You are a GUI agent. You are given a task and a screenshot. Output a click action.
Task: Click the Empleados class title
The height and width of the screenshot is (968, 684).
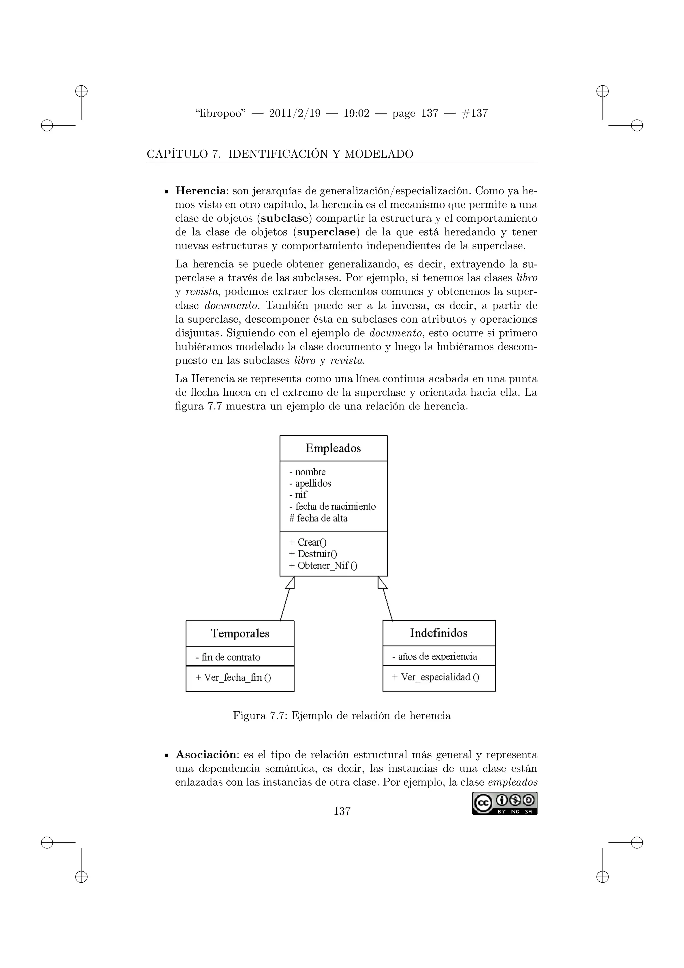tap(333, 448)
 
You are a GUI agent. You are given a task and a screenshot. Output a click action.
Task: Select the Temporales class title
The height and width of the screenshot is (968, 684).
tap(240, 634)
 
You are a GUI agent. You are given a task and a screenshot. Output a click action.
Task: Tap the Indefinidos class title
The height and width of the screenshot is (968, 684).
tap(439, 633)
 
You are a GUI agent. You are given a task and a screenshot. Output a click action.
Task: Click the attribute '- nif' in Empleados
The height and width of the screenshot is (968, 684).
tap(298, 495)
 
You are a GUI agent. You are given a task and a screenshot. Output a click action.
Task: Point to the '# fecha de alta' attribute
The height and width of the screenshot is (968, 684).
tap(318, 518)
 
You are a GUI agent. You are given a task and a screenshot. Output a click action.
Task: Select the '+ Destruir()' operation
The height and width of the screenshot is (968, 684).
tap(313, 554)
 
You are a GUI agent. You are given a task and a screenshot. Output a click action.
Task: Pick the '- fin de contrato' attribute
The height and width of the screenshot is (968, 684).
tap(228, 657)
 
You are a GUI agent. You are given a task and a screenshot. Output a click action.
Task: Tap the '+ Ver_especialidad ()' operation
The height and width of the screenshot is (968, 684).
tap(436, 677)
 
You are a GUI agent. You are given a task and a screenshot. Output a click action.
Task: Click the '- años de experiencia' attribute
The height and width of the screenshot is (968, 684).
tap(435, 656)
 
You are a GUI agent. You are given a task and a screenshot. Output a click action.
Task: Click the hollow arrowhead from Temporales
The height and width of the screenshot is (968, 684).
tap(290, 583)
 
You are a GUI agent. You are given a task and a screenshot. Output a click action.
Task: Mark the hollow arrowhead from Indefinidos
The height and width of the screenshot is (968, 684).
tap(382, 583)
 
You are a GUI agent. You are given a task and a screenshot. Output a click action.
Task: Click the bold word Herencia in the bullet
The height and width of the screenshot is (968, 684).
tap(200, 191)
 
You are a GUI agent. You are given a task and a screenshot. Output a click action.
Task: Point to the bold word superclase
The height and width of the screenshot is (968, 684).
tap(326, 232)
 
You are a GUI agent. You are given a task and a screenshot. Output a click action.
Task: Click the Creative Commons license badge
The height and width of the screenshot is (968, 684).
tap(505, 804)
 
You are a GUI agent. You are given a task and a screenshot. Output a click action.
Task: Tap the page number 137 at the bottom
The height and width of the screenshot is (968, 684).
tap(342, 811)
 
